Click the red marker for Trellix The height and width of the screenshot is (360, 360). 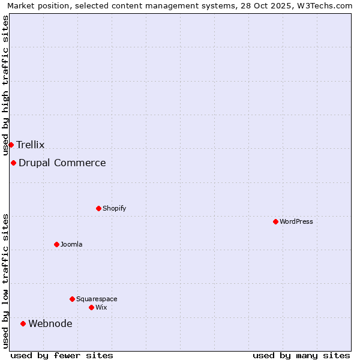pyautogui.click(x=11, y=145)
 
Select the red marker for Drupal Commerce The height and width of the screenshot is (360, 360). pyautogui.click(x=13, y=163)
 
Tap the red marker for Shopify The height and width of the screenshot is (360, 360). pyautogui.click(x=98, y=208)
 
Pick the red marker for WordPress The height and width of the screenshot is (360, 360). pyautogui.click(x=275, y=221)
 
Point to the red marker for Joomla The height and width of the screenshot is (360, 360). pyautogui.click(x=56, y=244)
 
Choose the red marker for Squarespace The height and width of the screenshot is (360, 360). pyautogui.click(x=72, y=299)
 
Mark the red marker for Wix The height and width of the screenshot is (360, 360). pyautogui.click(x=91, y=307)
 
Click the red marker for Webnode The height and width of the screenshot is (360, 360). pyautogui.click(x=23, y=323)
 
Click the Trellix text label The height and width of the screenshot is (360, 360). pyautogui.click(x=31, y=145)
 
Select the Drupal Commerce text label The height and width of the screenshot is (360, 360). pyautogui.click(x=62, y=163)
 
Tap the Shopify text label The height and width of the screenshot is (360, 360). pyautogui.click(x=114, y=208)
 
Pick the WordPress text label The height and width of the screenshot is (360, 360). pyautogui.click(x=296, y=221)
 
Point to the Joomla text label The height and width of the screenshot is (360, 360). pyautogui.click(x=71, y=244)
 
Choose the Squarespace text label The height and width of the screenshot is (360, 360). pyautogui.click(x=97, y=299)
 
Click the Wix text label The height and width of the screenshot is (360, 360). pyautogui.click(x=101, y=307)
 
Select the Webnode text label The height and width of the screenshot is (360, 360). pyautogui.click(x=50, y=323)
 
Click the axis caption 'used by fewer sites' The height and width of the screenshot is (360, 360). pyautogui.click(x=62, y=355)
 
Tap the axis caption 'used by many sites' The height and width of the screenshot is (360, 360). pyautogui.click(x=301, y=355)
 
